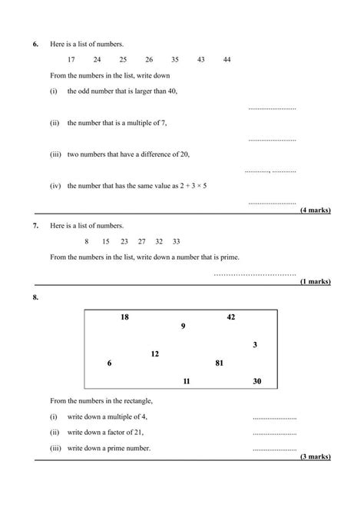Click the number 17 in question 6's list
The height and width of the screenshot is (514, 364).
(x=71, y=59)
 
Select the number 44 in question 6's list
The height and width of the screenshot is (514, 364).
(x=227, y=59)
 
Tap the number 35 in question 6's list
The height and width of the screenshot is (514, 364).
(x=174, y=59)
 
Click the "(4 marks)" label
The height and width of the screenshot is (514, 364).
(x=315, y=210)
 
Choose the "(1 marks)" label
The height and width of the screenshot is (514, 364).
(x=315, y=282)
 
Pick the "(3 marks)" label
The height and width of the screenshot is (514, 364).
(x=315, y=456)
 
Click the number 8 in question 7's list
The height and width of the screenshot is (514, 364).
(x=87, y=241)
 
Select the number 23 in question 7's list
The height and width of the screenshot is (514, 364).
(x=124, y=241)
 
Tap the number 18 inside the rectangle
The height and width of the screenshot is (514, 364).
(x=124, y=317)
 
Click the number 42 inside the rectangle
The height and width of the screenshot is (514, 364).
(x=230, y=317)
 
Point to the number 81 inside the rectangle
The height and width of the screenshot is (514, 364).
(x=219, y=363)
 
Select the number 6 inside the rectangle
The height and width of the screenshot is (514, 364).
(x=109, y=363)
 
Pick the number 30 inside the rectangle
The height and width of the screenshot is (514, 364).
(x=256, y=381)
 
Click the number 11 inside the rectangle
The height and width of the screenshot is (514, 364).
(x=186, y=381)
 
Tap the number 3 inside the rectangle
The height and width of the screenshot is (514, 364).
(x=255, y=345)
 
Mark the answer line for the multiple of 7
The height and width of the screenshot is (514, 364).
(x=273, y=140)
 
